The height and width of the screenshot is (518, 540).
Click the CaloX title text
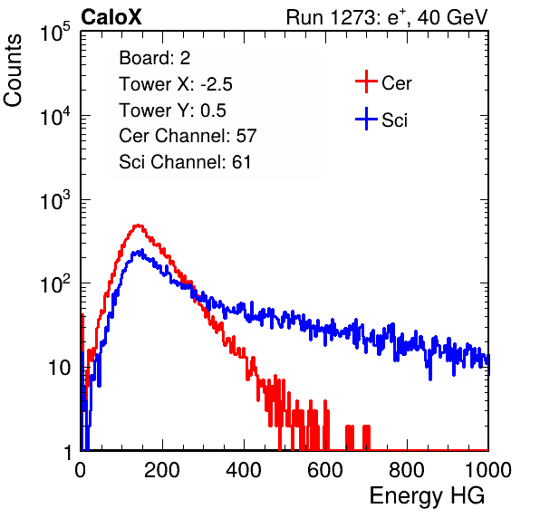111,17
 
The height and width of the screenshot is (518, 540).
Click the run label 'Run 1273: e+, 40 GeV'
387,17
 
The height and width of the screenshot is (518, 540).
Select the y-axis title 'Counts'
13,71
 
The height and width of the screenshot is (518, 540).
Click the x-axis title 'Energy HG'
427,496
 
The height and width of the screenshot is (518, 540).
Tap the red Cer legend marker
366,82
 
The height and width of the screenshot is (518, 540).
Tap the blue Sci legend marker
366,120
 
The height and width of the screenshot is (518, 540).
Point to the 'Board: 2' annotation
155,58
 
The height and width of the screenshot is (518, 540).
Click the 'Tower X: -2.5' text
176,84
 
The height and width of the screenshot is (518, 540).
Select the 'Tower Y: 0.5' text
172,110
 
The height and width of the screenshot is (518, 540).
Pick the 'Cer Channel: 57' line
188,136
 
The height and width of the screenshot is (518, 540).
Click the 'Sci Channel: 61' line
185,162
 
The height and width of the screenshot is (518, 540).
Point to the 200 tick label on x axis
162,470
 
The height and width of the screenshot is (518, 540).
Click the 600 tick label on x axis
325,470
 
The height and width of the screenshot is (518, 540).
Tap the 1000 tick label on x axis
488,470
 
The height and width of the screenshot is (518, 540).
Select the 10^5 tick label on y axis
55,33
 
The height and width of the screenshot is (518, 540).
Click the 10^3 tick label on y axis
55,200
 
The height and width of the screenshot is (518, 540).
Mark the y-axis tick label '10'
59,369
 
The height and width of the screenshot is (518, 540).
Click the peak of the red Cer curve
138,225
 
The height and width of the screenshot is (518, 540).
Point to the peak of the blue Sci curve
141,250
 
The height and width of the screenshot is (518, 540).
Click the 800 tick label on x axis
407,470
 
